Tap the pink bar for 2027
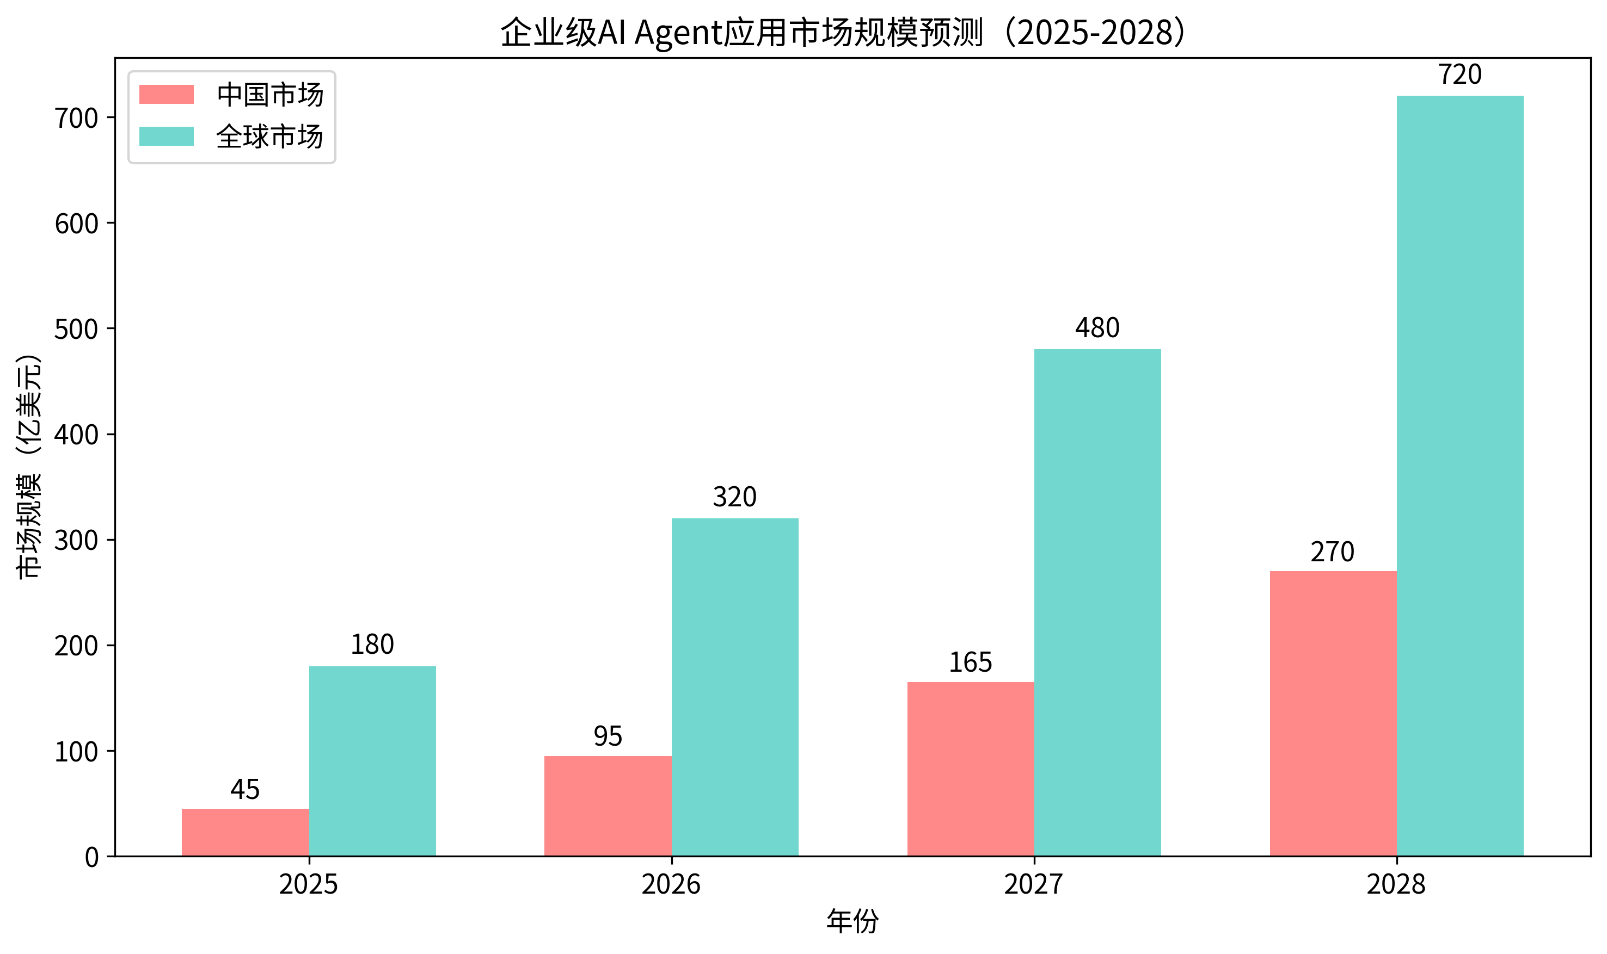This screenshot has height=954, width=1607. (x=970, y=769)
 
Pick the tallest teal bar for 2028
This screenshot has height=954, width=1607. (x=1459, y=476)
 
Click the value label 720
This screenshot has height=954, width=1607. (x=1459, y=75)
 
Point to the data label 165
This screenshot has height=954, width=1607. (x=970, y=662)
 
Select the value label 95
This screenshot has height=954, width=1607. (x=608, y=736)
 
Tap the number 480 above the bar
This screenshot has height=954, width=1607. (x=1097, y=328)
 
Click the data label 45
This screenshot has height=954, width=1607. (x=245, y=789)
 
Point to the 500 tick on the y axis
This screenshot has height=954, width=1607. (x=76, y=329)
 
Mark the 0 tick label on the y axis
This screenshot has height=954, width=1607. (x=91, y=858)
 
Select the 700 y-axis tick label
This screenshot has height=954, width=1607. (x=76, y=118)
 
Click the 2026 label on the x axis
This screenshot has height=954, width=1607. (x=671, y=884)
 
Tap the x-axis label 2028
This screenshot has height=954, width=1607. (x=1396, y=884)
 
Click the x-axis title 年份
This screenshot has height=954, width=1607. (x=852, y=921)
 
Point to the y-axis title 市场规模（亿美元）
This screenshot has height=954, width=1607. (x=28, y=466)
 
